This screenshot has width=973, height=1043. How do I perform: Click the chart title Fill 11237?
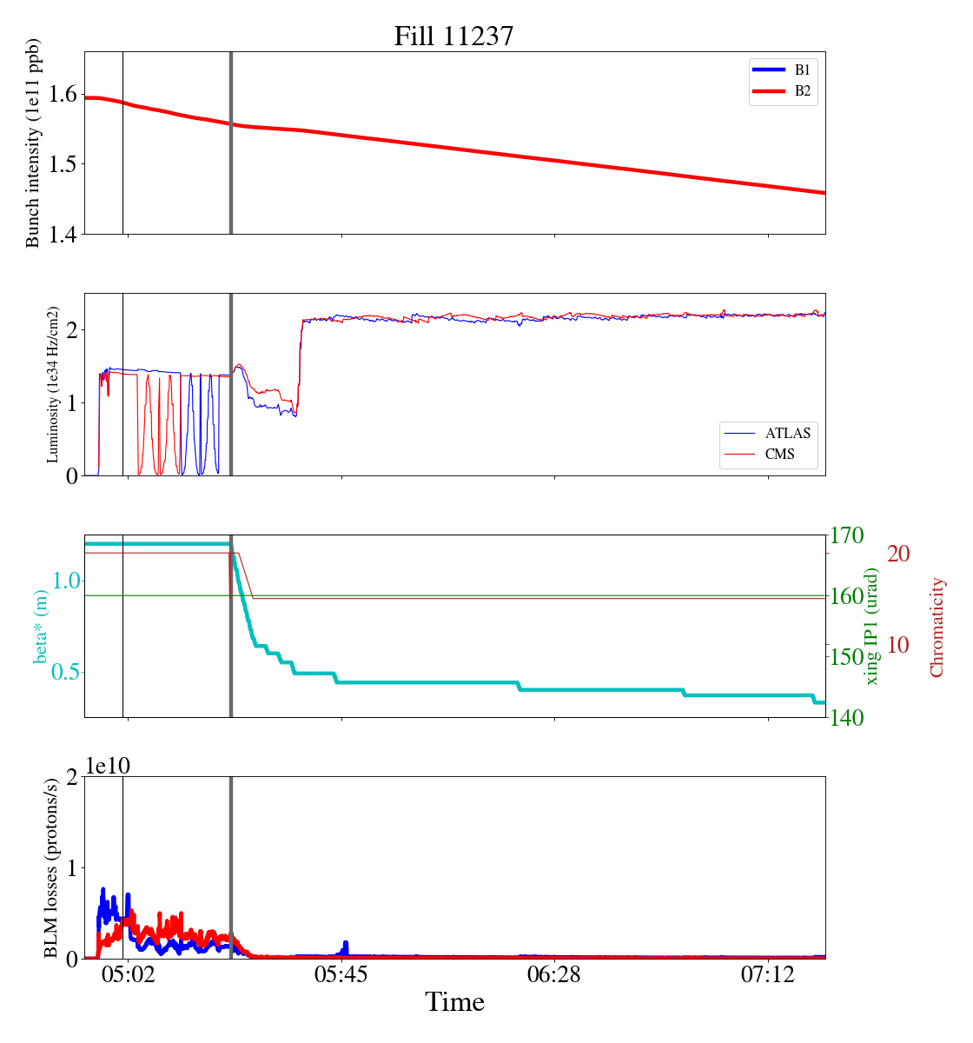click(x=453, y=36)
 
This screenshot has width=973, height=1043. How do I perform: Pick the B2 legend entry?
click(x=802, y=91)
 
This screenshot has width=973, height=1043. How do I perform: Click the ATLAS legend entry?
click(x=787, y=433)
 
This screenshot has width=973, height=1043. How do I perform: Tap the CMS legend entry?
click(x=779, y=454)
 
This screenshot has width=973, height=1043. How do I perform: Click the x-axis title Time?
click(x=454, y=1003)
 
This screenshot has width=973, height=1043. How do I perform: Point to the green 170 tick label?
click(x=848, y=535)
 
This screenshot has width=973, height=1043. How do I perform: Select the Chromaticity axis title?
click(x=937, y=627)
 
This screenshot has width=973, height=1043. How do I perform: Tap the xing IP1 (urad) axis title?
click(x=872, y=626)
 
